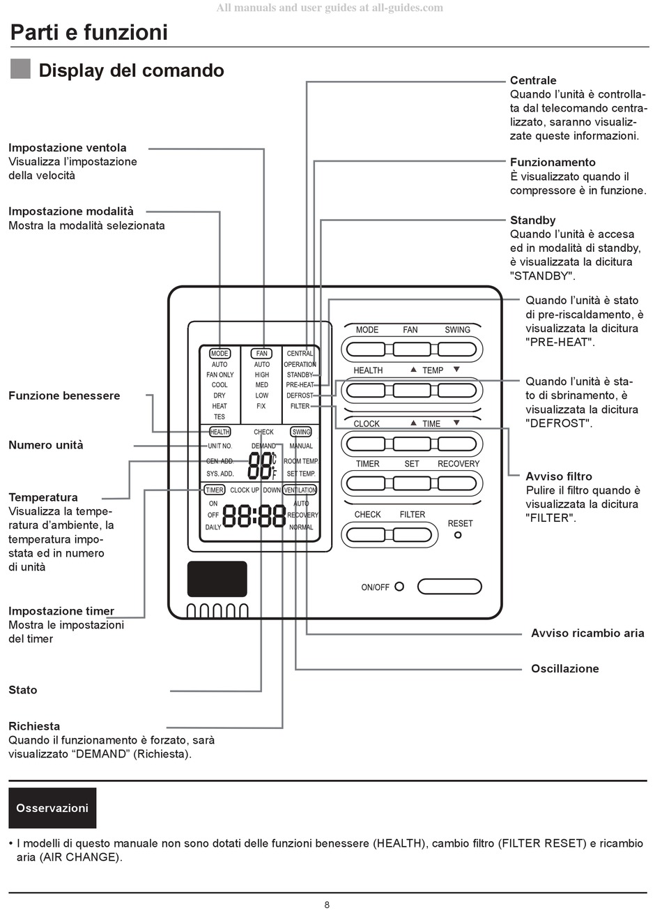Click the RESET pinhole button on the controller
[458, 535]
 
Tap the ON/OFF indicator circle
[399, 587]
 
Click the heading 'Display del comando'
[131, 70]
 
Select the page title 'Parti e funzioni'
[89, 32]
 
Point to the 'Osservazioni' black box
[52, 808]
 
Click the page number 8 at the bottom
[327, 905]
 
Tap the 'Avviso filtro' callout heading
[559, 476]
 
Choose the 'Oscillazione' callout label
[564, 668]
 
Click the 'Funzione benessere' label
[64, 396]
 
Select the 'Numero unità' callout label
[45, 445]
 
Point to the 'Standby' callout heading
[532, 220]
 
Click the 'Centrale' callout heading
[533, 80]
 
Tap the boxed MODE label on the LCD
[220, 354]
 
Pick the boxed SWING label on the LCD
[301, 432]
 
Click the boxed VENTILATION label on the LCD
[300, 490]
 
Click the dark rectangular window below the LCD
[217, 579]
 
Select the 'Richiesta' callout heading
[34, 726]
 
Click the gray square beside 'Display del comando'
[21, 69]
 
